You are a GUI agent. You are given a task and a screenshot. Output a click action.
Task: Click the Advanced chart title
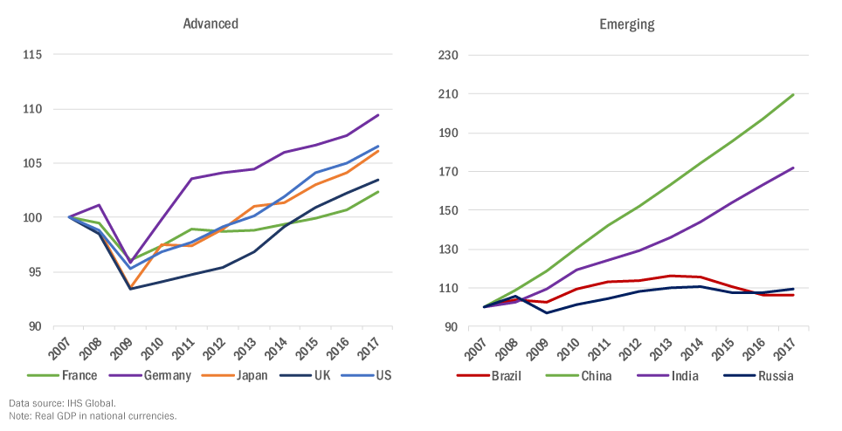[210, 24]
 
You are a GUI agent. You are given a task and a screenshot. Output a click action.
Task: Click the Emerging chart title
[626, 24]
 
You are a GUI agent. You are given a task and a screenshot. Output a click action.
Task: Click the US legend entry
[383, 376]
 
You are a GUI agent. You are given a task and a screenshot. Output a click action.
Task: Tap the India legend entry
[671, 376]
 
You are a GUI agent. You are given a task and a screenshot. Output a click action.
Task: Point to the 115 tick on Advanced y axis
[32, 55]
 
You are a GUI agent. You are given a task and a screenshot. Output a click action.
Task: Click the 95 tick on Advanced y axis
[35, 272]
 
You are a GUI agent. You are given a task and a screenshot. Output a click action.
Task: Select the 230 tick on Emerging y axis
[449, 55]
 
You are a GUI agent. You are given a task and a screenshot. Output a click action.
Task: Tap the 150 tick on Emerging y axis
[449, 210]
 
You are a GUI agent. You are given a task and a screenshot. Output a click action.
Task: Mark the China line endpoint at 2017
[793, 94]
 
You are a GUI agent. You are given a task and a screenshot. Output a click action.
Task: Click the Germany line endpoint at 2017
[377, 115]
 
